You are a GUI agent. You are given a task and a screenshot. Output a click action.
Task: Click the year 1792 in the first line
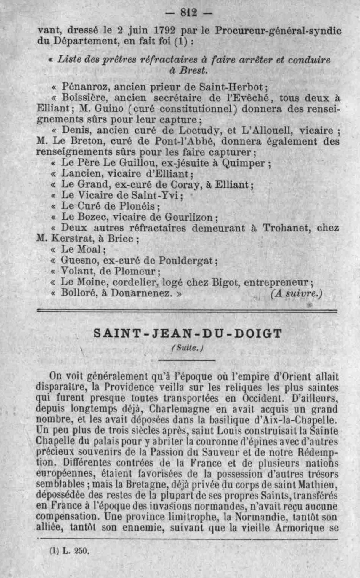tap(164, 31)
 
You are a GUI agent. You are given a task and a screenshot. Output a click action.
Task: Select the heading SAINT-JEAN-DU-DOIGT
tap(188, 334)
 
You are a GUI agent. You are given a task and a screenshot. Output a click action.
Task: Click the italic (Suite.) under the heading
tap(188, 348)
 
